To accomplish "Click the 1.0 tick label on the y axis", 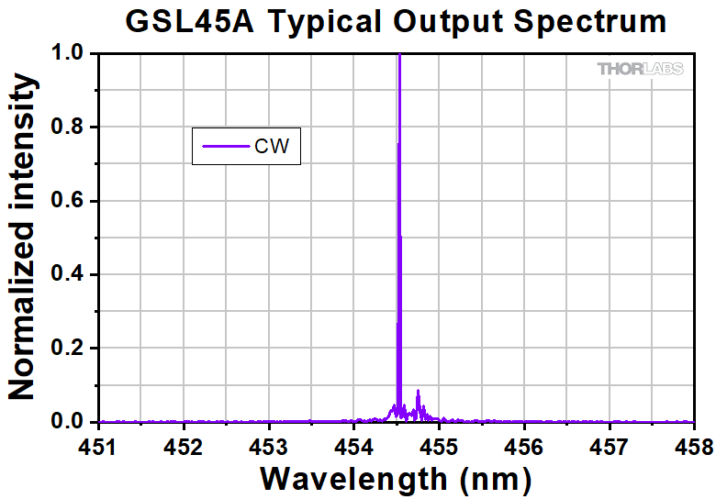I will click(x=71, y=54).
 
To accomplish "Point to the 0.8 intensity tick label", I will click(x=71, y=128).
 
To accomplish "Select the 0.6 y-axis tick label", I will click(x=71, y=201).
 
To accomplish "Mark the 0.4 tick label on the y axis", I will click(x=71, y=274).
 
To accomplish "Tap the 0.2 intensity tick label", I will click(x=71, y=349).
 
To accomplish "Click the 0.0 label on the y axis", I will click(x=71, y=422).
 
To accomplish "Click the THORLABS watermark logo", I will click(x=640, y=69).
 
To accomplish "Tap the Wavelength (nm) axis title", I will click(x=396, y=478).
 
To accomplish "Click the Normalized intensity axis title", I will click(x=24, y=238).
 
